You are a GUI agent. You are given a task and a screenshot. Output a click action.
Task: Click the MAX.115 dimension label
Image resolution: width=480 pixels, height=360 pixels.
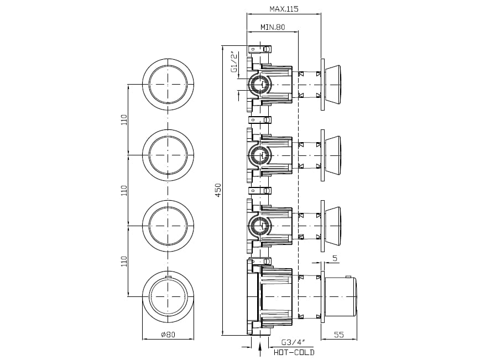tap(284, 9)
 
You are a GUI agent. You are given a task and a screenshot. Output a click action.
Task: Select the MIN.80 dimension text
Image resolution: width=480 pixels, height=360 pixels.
tap(273, 27)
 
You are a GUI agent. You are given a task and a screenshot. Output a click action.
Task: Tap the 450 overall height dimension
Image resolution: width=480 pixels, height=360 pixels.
tap(218, 190)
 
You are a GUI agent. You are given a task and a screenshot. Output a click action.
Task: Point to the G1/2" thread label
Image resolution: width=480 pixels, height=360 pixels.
tap(234, 62)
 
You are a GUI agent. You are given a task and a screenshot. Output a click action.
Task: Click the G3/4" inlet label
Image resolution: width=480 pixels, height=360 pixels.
tap(293, 342)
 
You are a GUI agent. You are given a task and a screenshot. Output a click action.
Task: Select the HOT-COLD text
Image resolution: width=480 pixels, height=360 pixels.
tap(294, 352)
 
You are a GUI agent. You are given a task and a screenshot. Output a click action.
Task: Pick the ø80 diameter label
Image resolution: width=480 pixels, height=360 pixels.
tap(168, 334)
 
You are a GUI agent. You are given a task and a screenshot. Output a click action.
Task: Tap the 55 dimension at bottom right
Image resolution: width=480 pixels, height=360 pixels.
tap(339, 335)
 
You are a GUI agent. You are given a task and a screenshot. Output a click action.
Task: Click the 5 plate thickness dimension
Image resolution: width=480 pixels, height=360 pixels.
tap(335, 258)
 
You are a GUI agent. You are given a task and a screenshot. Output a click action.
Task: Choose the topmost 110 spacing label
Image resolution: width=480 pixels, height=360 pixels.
tap(124, 119)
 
